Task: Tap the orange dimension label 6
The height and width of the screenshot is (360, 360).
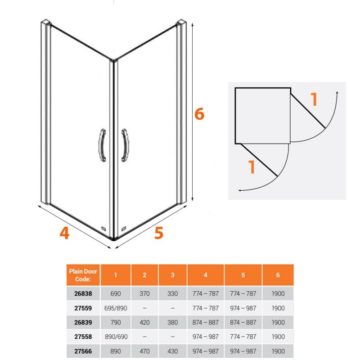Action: tap(199, 114)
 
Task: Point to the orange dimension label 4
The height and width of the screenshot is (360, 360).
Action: tap(64, 233)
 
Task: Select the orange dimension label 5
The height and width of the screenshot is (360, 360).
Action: tap(159, 233)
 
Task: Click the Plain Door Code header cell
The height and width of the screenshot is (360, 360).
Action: tap(83, 275)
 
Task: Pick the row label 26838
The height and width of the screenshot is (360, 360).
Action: tap(83, 293)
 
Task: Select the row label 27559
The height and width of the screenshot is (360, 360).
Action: tap(83, 308)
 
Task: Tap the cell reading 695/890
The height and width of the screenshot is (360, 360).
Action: tap(116, 308)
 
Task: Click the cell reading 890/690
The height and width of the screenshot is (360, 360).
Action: tap(116, 337)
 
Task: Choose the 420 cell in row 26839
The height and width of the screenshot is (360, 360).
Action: tap(144, 322)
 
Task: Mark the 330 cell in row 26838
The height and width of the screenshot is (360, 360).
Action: tap(173, 293)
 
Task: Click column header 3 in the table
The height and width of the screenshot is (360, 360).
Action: tap(173, 275)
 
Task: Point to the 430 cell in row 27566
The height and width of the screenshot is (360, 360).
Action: tap(173, 351)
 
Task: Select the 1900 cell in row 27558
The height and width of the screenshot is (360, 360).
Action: tap(278, 337)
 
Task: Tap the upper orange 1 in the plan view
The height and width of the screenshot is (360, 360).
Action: tap(314, 99)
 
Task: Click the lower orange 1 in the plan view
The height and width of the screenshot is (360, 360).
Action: tap(252, 166)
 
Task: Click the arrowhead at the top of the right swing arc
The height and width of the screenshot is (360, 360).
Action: tap(337, 92)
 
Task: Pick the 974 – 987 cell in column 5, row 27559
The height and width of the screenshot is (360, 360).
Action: tap(243, 308)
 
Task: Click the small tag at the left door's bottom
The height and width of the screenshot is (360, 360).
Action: tap(104, 228)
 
